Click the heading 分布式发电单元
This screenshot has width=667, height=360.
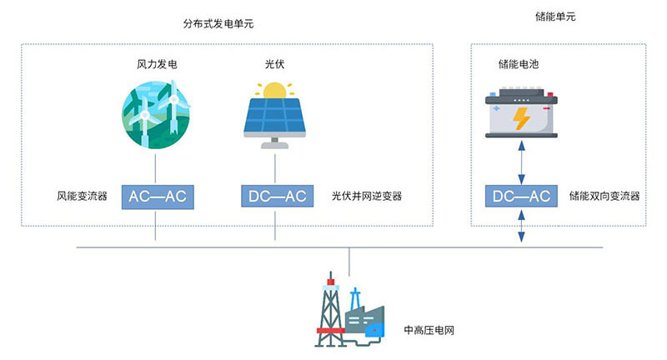[218, 24]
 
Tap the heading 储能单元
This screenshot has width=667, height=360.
[554, 17]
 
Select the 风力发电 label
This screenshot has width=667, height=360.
[157, 63]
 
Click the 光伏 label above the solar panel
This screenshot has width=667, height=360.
[275, 63]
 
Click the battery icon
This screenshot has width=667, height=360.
[520, 114]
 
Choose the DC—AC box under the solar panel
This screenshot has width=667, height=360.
[276, 197]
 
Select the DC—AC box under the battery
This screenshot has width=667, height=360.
[520, 197]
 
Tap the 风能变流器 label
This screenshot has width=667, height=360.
[82, 197]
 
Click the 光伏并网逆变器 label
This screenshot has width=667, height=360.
[366, 197]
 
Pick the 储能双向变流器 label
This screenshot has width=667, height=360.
[604, 197]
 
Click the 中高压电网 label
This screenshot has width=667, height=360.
[429, 331]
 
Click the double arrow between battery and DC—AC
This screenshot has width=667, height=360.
[520, 162]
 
